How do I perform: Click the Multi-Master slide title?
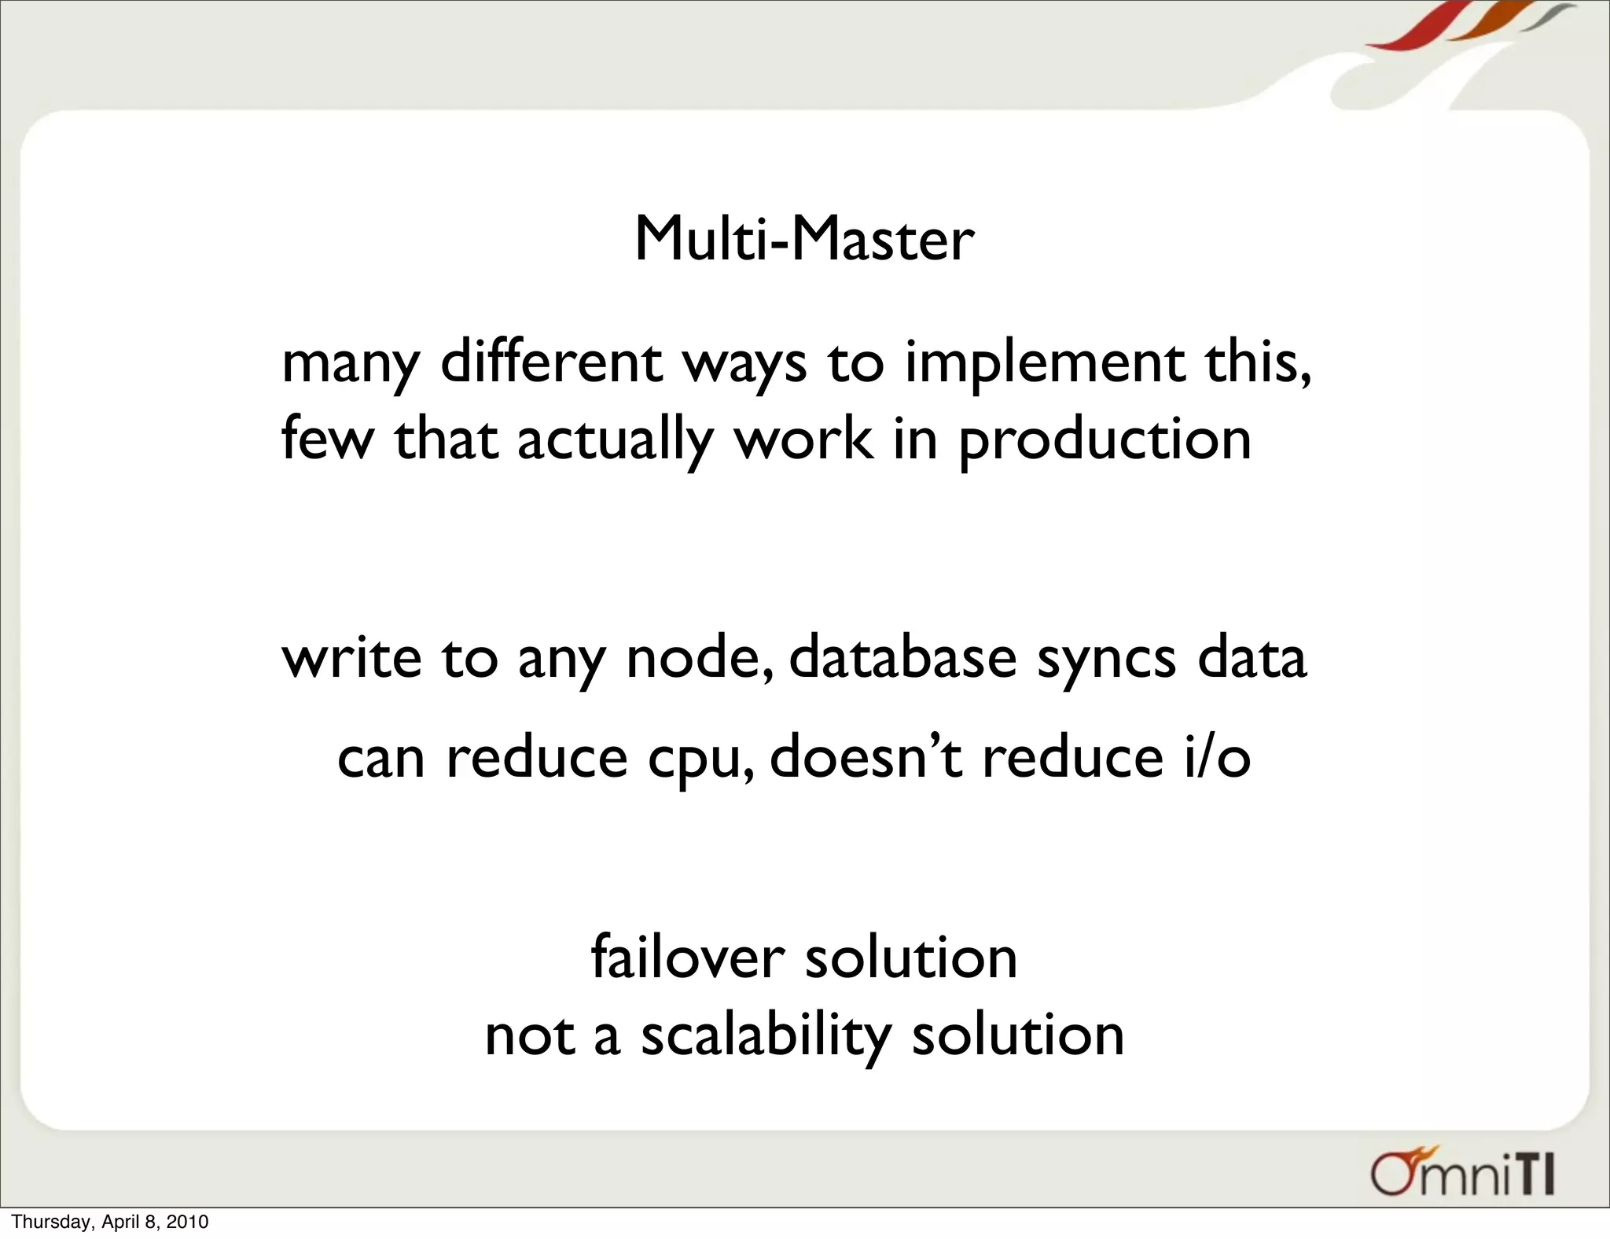803,239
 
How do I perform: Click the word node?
698,659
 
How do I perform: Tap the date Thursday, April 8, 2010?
110,1222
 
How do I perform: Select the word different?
550,363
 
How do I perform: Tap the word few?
326,440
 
